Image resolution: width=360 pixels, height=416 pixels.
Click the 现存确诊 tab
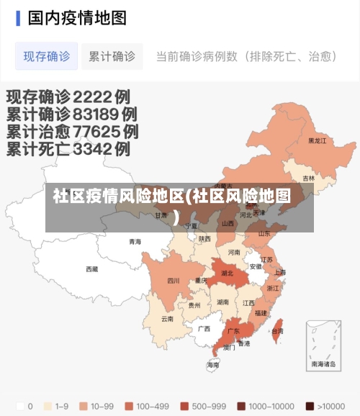pyautogui.click(x=47, y=56)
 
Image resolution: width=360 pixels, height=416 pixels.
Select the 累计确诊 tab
pyautogui.click(x=112, y=56)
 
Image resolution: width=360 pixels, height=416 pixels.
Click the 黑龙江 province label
pyautogui.click(x=317, y=141)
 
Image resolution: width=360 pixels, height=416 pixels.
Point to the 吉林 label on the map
pyautogui.click(x=308, y=178)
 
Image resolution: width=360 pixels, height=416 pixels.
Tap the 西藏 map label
pyautogui.click(x=91, y=268)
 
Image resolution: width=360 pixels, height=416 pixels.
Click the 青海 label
pyautogui.click(x=135, y=242)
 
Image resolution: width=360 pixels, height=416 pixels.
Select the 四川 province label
pyautogui.click(x=174, y=281)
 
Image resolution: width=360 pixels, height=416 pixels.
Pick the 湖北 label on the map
pyautogui.click(x=227, y=273)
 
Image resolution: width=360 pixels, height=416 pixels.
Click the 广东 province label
pyautogui.click(x=233, y=331)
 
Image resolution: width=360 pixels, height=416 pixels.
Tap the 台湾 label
pyautogui.click(x=277, y=331)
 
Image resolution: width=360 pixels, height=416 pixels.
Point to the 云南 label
pyautogui.click(x=167, y=318)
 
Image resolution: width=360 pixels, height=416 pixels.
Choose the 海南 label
pyautogui.click(x=213, y=365)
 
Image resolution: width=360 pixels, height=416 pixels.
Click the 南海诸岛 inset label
pyautogui.click(x=323, y=364)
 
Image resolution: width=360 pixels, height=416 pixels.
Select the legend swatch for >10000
pyautogui.click(x=309, y=406)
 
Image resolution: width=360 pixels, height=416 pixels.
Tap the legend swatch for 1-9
pyautogui.click(x=48, y=406)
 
